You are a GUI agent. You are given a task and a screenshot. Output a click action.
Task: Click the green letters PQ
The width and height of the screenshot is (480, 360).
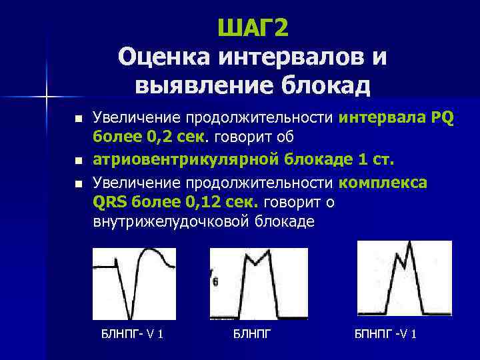coord(442,119)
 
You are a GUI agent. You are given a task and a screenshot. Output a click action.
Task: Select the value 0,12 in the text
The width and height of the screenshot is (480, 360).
coord(177,202)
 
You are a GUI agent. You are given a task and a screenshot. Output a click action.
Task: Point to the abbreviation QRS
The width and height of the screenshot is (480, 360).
coord(111,202)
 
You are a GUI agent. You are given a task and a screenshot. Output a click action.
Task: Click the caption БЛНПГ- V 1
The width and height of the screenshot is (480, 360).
coord(131,333)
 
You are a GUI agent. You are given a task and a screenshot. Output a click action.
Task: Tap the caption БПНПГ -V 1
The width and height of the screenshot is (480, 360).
coord(385,333)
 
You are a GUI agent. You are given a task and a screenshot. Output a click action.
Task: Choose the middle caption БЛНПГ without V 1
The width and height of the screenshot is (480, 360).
coord(253,333)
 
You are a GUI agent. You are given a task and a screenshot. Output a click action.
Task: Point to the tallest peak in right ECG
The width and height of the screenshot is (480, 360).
coord(409,244)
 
